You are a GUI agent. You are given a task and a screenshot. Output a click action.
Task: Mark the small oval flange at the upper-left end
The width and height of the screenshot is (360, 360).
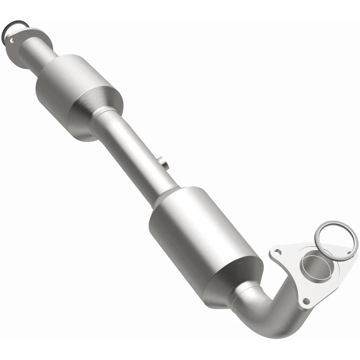[26, 37]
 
